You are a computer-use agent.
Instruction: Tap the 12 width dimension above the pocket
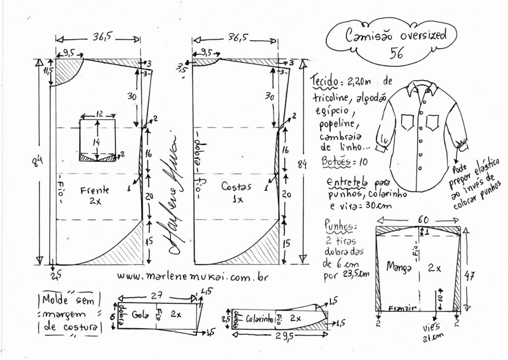click(98, 114)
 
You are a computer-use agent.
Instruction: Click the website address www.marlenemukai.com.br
click(192, 277)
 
